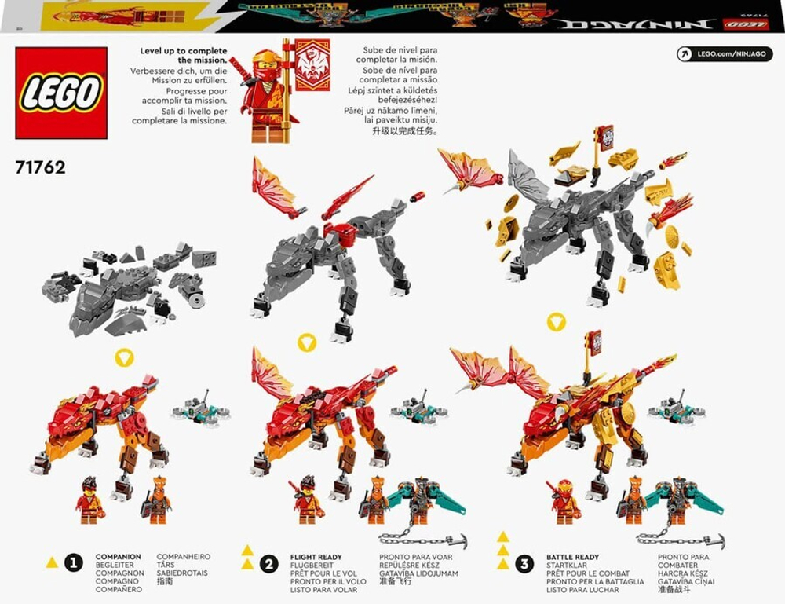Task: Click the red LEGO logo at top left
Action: [61, 93]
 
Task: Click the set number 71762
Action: [40, 167]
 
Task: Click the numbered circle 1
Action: [74, 562]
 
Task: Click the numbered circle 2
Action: [270, 562]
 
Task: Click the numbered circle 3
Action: [524, 562]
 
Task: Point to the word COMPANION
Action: [118, 557]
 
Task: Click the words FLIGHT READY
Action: [316, 557]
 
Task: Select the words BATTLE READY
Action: [572, 557]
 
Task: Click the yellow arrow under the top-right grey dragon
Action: [556, 321]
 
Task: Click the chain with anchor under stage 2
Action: [423, 540]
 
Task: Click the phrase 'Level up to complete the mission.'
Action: [184, 55]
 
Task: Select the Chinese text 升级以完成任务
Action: [390, 131]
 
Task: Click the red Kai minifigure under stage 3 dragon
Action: [565, 502]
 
